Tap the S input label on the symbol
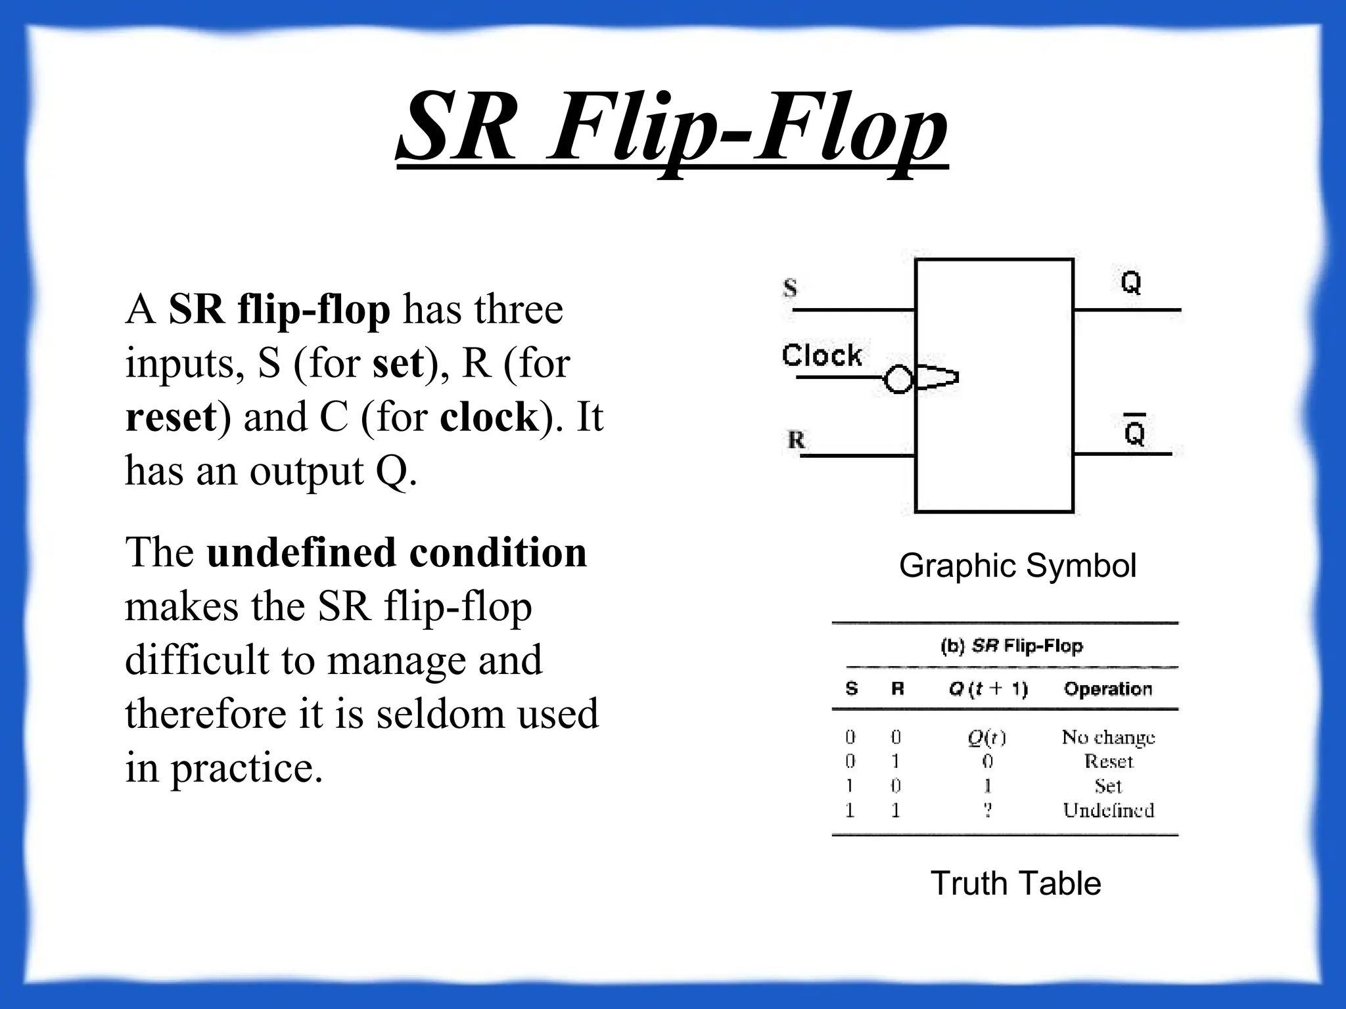(x=790, y=288)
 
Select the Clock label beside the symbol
(x=822, y=355)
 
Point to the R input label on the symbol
(x=796, y=439)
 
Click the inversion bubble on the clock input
(x=898, y=379)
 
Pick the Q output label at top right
(x=1130, y=282)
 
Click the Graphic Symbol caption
(x=1017, y=566)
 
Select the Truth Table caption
(x=1015, y=883)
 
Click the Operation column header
(x=1108, y=688)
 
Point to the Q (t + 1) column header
(x=988, y=688)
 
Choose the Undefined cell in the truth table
(x=1108, y=810)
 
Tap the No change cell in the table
(x=1108, y=738)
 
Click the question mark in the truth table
(x=988, y=811)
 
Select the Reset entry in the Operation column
(x=1109, y=761)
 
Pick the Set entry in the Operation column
(x=1108, y=786)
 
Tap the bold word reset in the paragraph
(x=171, y=416)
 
